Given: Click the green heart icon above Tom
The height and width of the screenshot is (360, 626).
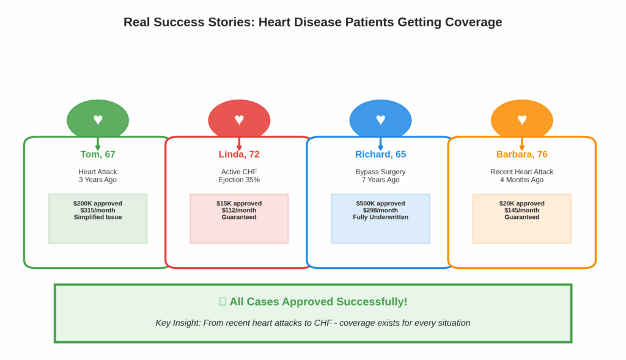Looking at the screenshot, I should (98, 120).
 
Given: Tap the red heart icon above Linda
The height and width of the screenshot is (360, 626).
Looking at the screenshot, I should (239, 120).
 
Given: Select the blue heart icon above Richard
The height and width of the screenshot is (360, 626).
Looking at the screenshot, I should (380, 120).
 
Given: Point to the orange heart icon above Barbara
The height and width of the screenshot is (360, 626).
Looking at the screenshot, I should (521, 120).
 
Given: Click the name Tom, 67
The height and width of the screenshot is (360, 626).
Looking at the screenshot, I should (98, 154).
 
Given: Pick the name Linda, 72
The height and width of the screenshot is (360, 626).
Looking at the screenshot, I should (239, 154).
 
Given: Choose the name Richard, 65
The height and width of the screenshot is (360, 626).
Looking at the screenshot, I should (380, 154).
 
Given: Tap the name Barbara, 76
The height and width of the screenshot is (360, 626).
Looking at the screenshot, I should (521, 154).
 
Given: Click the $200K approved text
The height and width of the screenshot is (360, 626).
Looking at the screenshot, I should (98, 204).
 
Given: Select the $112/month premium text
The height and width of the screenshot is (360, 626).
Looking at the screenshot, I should (239, 210).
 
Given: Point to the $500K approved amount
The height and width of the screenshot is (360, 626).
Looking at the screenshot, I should (380, 204).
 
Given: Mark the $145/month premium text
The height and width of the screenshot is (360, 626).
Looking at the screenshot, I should (521, 210).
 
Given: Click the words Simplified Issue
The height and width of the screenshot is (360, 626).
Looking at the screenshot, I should (98, 217).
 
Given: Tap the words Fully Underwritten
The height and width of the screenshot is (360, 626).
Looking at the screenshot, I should (380, 217).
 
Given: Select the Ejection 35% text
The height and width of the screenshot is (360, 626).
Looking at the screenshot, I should (239, 180).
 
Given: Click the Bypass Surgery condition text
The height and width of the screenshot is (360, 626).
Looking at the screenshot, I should (380, 172).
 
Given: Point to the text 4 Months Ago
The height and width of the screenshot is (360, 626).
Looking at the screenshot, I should (521, 180).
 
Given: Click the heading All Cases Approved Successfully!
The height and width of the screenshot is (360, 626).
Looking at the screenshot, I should (318, 301).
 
